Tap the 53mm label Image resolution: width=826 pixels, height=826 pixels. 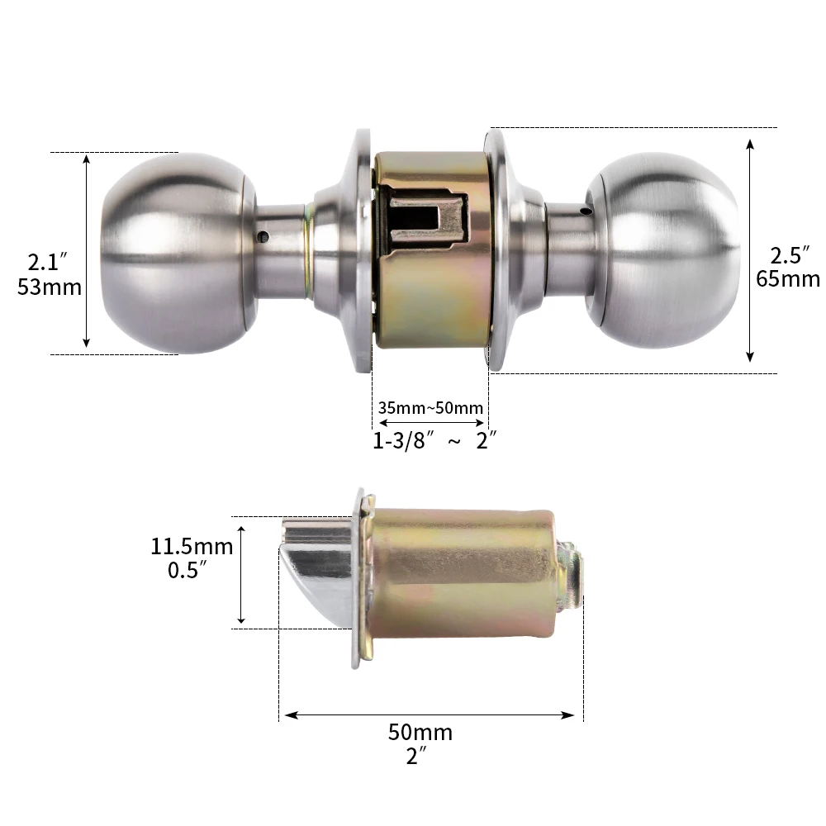pyautogui.click(x=49, y=287)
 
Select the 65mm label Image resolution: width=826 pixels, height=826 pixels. pyautogui.click(x=788, y=278)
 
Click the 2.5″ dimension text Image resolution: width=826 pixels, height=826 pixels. pyautogui.click(x=787, y=254)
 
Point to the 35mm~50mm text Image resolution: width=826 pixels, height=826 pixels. pyautogui.click(x=430, y=407)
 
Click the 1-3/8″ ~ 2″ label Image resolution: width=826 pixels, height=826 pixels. pyautogui.click(x=434, y=441)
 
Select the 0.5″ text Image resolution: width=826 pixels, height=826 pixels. pyautogui.click(x=185, y=571)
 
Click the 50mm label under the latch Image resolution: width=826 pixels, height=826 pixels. pyautogui.click(x=420, y=733)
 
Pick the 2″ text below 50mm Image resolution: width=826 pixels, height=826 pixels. pyautogui.click(x=417, y=756)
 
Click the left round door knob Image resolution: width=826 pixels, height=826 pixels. pyautogui.click(x=178, y=253)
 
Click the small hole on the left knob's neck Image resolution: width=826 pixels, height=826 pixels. pyautogui.click(x=263, y=237)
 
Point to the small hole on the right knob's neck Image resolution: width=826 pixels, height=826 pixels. pyautogui.click(x=585, y=212)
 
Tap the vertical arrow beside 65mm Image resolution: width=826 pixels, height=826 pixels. pyautogui.click(x=750, y=250)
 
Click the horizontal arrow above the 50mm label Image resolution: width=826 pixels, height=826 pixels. pyautogui.click(x=428, y=714)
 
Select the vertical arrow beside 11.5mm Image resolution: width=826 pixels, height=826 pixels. pyautogui.click(x=241, y=572)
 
